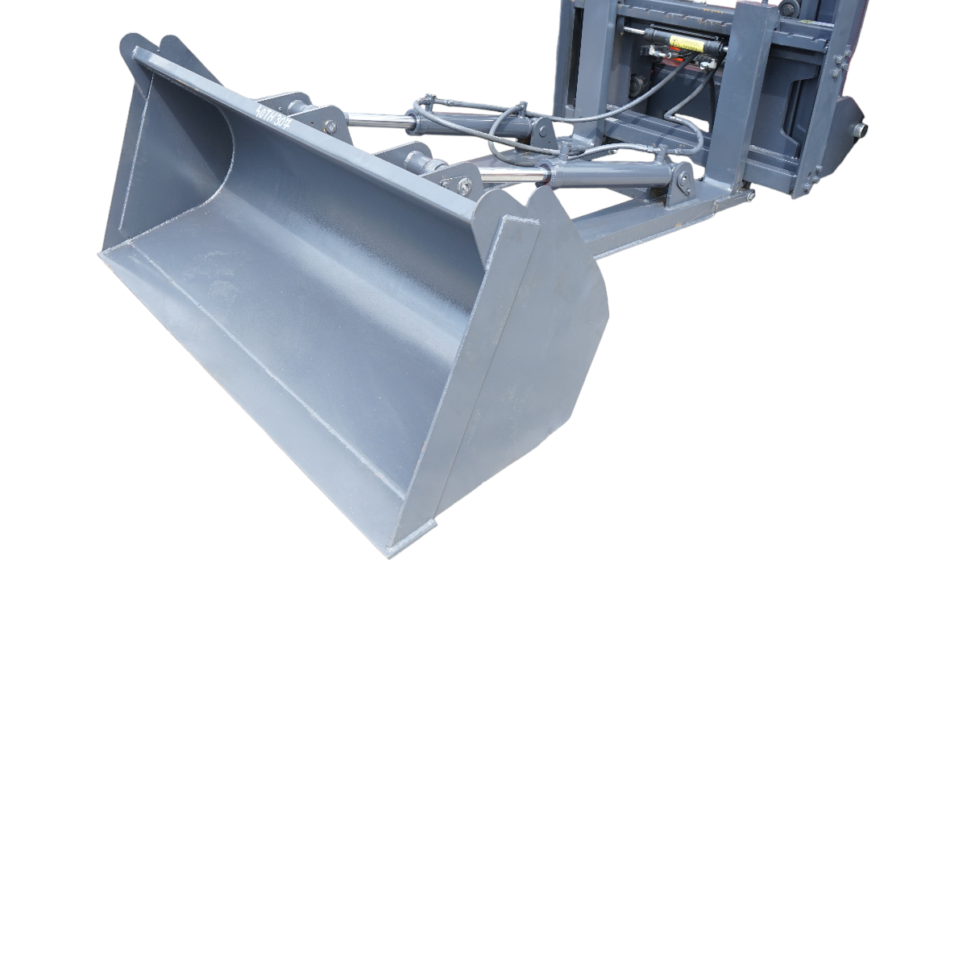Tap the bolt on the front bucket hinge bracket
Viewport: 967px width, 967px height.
[465, 188]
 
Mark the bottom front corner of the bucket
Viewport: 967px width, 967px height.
[392, 552]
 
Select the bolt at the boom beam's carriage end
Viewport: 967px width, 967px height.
[749, 196]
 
